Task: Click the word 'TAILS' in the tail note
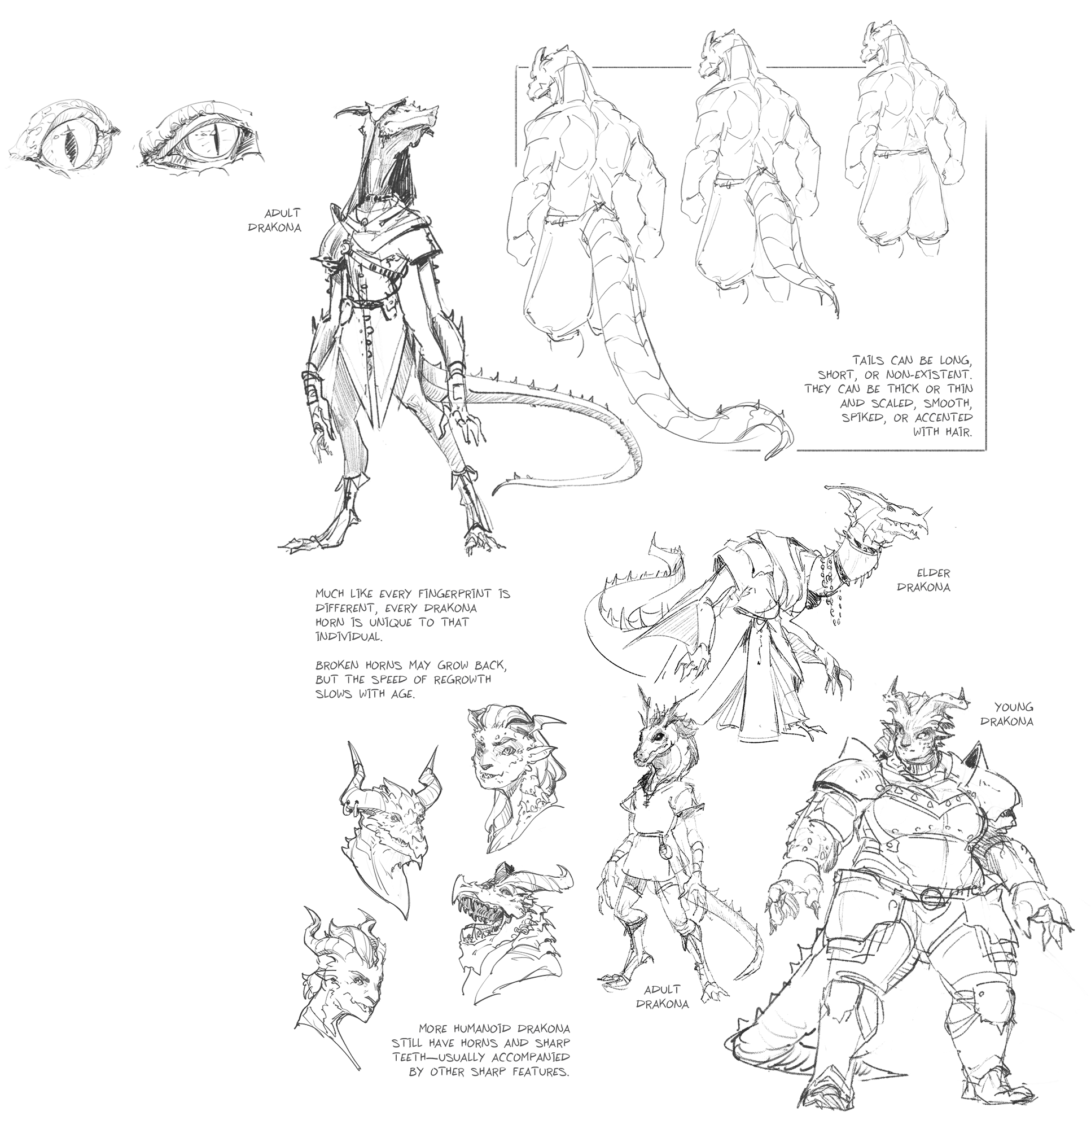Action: pyautogui.click(x=870, y=361)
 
